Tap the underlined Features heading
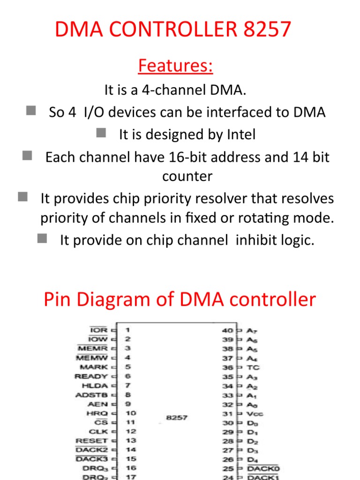(x=175, y=66)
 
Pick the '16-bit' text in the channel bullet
(x=229, y=157)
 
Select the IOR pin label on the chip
(x=98, y=330)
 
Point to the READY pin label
(x=91, y=376)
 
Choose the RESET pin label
(x=92, y=441)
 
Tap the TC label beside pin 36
(x=253, y=367)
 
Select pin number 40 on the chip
(x=227, y=330)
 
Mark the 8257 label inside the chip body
(x=177, y=417)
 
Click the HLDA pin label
(x=95, y=386)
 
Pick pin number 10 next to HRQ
(x=131, y=413)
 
